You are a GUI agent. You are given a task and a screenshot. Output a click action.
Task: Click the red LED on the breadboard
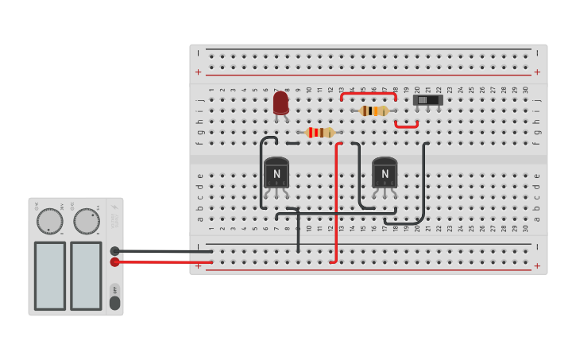(x=280, y=103)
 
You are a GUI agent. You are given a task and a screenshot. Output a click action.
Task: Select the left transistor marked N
(x=276, y=173)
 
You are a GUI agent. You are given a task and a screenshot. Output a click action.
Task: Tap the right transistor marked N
(x=385, y=173)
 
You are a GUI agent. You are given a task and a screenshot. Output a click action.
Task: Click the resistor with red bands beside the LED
(x=320, y=133)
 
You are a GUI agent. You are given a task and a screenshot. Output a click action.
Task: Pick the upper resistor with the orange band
(x=374, y=111)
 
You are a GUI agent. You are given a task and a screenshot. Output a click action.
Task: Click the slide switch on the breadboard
(x=428, y=101)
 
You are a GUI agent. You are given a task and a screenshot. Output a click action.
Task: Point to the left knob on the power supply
(x=49, y=221)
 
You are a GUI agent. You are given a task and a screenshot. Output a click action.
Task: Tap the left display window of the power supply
(x=50, y=276)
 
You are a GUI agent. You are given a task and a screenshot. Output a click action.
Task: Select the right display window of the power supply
(x=86, y=276)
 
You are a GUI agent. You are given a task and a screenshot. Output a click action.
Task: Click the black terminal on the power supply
(x=114, y=251)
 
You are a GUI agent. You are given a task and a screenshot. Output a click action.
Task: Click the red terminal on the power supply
(x=114, y=261)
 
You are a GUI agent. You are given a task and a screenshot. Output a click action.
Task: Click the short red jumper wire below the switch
(x=407, y=126)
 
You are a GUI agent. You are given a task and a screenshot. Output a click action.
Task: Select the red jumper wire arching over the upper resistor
(x=368, y=94)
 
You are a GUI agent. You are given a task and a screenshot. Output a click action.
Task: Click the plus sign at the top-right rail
(x=537, y=72)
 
